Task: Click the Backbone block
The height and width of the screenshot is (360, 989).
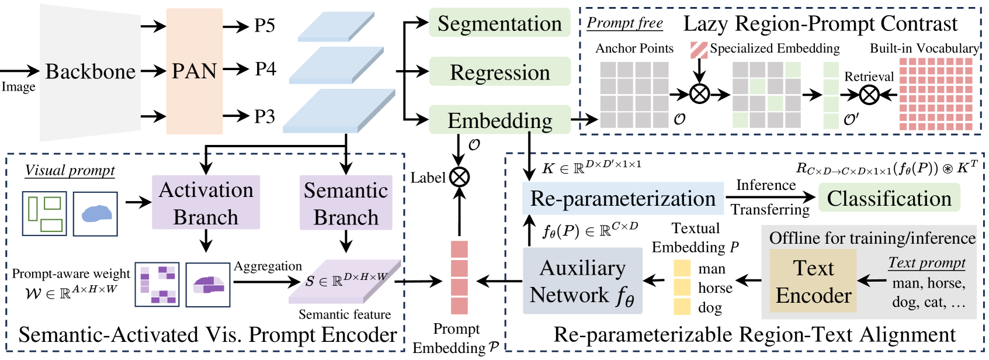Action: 91,72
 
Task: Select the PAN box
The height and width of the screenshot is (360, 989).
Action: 195,71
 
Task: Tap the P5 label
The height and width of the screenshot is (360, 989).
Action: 265,26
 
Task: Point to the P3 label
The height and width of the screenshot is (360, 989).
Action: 265,117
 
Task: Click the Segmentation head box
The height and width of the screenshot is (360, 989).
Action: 499,23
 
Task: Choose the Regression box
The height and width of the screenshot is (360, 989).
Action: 499,71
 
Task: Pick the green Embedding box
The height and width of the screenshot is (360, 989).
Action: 499,120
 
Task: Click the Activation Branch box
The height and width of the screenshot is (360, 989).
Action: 206,202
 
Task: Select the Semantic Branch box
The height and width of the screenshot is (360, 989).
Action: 346,203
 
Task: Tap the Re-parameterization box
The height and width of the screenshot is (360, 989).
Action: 623,198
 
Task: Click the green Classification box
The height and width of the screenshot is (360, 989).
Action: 889,198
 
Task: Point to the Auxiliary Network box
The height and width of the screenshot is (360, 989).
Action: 582,281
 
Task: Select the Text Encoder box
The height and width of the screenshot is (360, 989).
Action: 813,281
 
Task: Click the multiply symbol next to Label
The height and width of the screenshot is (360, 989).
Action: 459,177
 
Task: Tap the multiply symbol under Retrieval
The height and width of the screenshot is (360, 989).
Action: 869,95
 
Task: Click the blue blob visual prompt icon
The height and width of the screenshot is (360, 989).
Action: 95,214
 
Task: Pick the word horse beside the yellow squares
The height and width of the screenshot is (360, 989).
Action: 715,288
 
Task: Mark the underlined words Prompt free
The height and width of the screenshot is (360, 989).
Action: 624,23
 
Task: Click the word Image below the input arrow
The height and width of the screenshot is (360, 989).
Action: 19,86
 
